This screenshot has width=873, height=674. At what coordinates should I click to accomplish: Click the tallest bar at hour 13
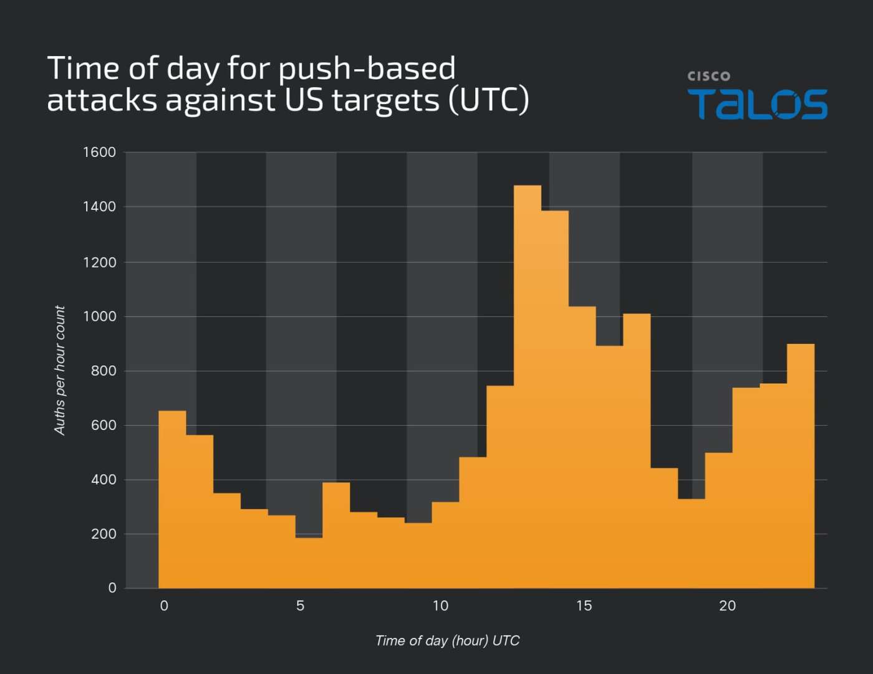tap(528, 386)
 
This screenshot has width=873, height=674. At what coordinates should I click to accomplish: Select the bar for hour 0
tap(172, 498)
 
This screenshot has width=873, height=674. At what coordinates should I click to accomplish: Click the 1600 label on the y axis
tap(99, 152)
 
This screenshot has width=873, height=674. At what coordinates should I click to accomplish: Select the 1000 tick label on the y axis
tap(99, 316)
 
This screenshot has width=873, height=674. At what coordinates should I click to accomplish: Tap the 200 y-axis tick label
tap(104, 534)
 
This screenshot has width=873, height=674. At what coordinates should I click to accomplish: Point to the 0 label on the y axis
tap(112, 587)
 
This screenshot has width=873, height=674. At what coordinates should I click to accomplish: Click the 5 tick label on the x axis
tap(301, 605)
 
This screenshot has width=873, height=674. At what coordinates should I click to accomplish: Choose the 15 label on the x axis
tap(584, 605)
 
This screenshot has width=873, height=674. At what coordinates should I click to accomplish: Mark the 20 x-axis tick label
tap(727, 605)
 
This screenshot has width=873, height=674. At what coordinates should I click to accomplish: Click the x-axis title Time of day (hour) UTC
tap(447, 640)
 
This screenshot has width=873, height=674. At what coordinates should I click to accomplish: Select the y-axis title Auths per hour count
tap(60, 370)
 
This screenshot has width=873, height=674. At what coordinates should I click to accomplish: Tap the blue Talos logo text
tap(757, 104)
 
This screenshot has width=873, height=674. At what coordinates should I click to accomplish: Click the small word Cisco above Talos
tap(708, 76)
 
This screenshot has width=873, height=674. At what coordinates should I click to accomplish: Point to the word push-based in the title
tap(367, 69)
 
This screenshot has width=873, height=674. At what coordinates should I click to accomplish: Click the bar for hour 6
tap(336, 535)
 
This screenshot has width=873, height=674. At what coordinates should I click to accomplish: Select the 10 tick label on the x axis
tap(440, 605)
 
